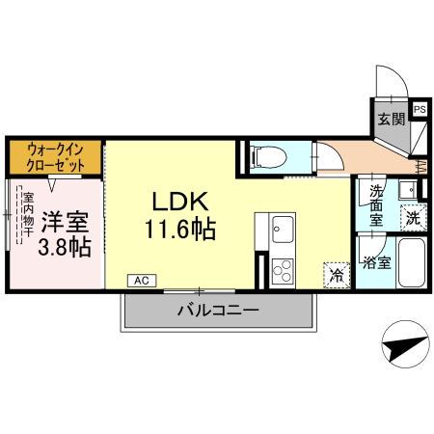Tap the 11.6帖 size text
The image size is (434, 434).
click(180, 231)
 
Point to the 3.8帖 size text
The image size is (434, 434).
click(65, 247)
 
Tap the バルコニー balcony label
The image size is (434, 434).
click(217, 312)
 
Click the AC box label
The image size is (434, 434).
click(141, 280)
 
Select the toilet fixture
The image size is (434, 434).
click(267, 155)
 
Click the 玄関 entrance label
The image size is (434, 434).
click(391, 121)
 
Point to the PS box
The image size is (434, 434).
click(420, 110)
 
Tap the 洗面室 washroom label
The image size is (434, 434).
click(376, 204)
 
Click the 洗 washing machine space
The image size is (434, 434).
click(412, 217)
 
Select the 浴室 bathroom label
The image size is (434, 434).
click(375, 261)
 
